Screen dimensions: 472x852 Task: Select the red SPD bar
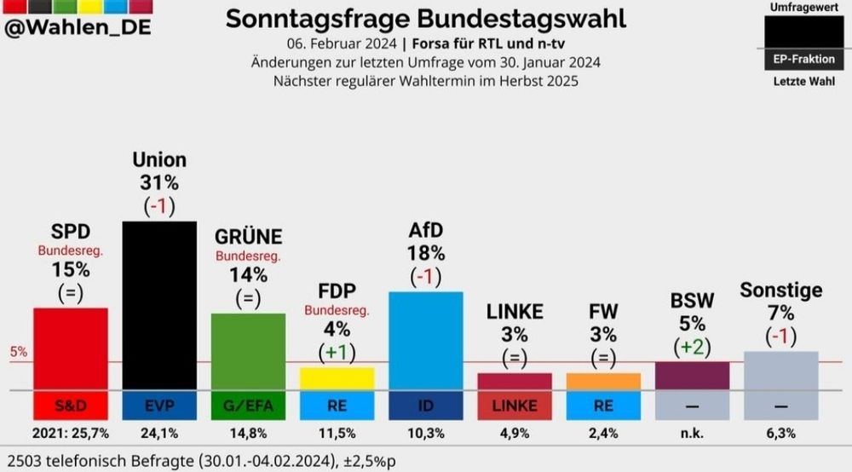pyautogui.click(x=71, y=348)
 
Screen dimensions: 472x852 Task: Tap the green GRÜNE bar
pyautogui.click(x=248, y=351)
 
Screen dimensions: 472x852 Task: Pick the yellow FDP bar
pyautogui.click(x=337, y=378)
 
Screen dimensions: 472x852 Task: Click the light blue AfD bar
pyautogui.click(x=425, y=340)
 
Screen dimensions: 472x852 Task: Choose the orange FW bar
pyautogui.click(x=603, y=382)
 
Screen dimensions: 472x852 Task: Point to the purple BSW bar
pyautogui.click(x=692, y=376)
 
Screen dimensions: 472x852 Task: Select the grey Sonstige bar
pyautogui.click(x=780, y=371)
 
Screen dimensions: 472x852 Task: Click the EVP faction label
pyautogui.click(x=159, y=406)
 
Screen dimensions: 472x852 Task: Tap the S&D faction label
pyautogui.click(x=71, y=406)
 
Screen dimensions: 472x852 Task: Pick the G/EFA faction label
pyautogui.click(x=248, y=406)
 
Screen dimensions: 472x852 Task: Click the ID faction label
pyautogui.click(x=425, y=406)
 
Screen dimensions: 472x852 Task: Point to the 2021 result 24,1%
pyautogui.click(x=159, y=433)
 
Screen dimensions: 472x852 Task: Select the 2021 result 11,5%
pyautogui.click(x=337, y=433)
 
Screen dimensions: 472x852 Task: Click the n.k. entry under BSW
pyautogui.click(x=692, y=433)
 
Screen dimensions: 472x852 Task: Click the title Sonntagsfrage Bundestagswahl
pyautogui.click(x=425, y=18)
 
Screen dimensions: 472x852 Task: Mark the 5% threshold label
pyautogui.click(x=19, y=351)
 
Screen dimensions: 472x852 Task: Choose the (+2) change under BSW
pyautogui.click(x=692, y=347)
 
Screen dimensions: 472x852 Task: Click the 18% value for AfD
pyautogui.click(x=425, y=254)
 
